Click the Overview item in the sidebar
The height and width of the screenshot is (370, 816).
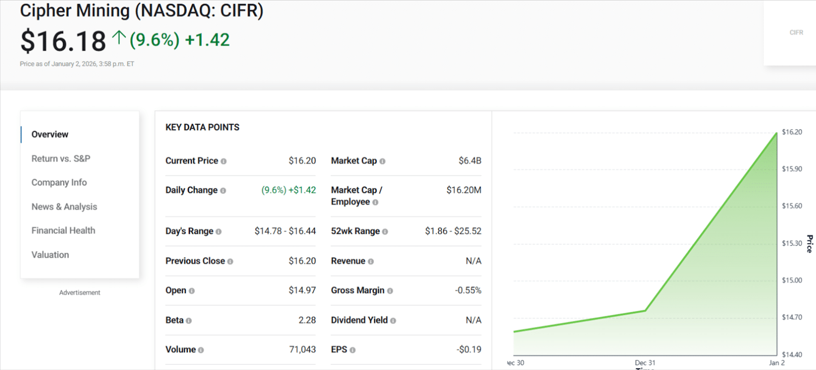50,134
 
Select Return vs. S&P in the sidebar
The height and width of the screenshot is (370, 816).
61,159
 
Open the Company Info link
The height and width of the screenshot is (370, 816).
59,183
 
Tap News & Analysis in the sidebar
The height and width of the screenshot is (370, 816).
64,207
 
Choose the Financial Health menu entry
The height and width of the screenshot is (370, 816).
63,231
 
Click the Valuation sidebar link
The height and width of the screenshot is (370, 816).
50,255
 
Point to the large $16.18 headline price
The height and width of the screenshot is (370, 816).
63,41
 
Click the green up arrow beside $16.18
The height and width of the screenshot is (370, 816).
119,37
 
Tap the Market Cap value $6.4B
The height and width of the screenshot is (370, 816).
470,161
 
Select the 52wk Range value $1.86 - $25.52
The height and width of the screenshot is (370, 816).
453,231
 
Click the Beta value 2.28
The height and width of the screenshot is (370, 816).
307,320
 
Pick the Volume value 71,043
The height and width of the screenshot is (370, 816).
302,350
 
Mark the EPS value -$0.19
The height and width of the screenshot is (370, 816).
469,350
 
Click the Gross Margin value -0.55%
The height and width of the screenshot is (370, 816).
468,290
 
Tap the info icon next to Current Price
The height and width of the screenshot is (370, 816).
223,161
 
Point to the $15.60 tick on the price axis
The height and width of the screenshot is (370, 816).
792,206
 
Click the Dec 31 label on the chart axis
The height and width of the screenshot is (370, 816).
645,363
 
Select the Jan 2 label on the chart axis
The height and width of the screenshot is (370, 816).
776,363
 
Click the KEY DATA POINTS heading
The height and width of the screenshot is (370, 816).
202,127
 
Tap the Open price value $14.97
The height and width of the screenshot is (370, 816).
302,290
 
